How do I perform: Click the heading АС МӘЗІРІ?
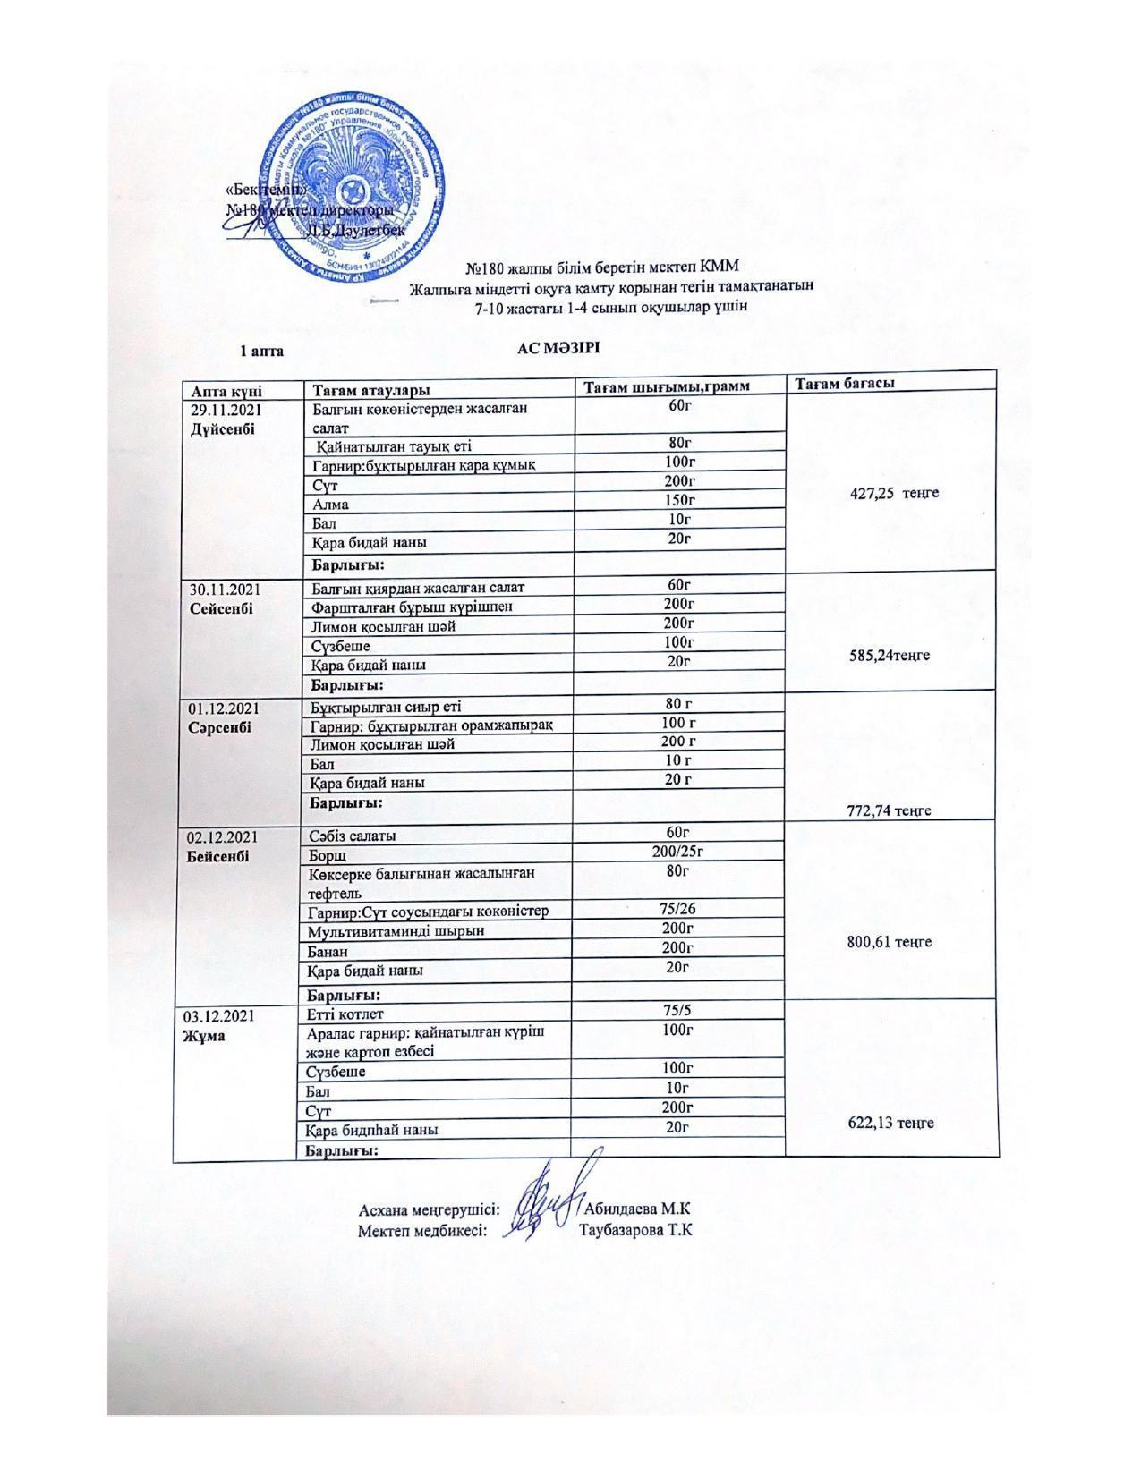[x=558, y=348]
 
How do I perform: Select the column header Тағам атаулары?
[x=370, y=390]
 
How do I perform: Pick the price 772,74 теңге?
[x=889, y=810]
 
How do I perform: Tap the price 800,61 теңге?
[x=890, y=941]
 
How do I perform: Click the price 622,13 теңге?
[x=891, y=1122]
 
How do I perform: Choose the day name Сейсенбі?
[x=222, y=608]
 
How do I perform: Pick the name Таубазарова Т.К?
[x=636, y=1230]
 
